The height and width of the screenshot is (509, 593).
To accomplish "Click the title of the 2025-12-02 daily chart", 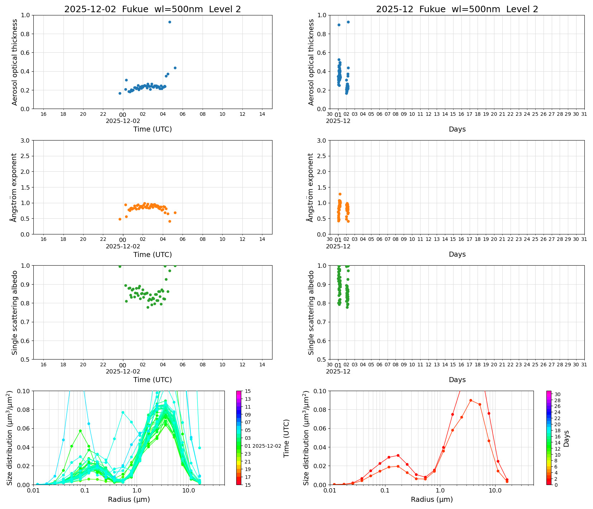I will point(152,9).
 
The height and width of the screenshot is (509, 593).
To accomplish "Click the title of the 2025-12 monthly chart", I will point(457,9).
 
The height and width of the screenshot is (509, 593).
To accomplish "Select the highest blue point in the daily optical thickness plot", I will point(170,22).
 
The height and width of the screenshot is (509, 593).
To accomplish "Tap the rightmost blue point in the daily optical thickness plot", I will point(175,68).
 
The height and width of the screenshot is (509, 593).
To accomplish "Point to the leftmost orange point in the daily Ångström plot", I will point(120,219).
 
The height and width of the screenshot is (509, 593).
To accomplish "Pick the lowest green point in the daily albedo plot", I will point(148,307).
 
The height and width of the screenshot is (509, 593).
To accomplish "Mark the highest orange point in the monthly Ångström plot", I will point(340,194).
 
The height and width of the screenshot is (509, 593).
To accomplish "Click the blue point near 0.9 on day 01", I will point(339,25).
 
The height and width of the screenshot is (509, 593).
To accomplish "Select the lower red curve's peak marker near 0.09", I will point(470,400).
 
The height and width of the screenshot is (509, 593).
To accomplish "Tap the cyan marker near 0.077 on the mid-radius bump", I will point(123,412).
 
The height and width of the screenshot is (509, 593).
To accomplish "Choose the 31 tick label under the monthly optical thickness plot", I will point(584,114).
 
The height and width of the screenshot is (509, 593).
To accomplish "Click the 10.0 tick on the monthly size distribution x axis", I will point(495,491).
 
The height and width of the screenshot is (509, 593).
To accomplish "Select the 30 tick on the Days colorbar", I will point(558,394).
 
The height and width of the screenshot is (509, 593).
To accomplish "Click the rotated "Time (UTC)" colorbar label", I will point(286,438).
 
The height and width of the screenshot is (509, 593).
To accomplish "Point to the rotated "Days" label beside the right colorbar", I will point(566,438).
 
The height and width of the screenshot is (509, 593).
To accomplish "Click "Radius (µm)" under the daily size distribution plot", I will point(129,500).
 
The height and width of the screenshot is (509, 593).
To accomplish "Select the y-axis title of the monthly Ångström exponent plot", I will point(310,187).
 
